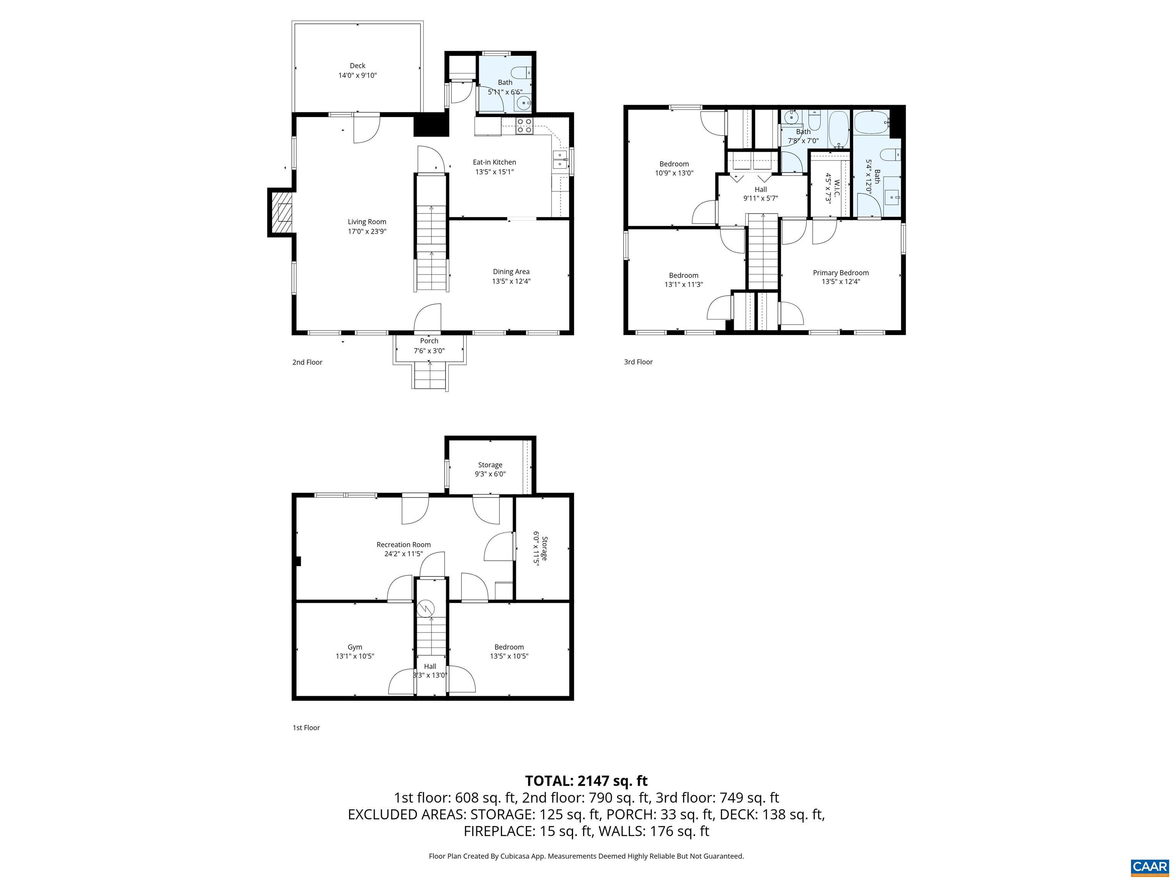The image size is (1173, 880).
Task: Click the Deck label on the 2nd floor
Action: [x=357, y=66]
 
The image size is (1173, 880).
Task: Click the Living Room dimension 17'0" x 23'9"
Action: [x=367, y=231]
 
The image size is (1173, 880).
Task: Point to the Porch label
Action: [x=429, y=341]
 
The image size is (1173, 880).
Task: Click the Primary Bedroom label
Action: [x=840, y=273]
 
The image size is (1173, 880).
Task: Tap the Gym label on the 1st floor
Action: [x=355, y=647]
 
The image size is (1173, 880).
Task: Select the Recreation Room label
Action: [x=404, y=544]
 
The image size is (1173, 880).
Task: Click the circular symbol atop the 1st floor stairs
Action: [x=425, y=608]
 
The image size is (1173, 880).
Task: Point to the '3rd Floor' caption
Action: [x=638, y=362]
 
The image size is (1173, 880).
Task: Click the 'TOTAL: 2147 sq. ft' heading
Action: [x=586, y=781]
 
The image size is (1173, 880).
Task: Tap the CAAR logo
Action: [x=1149, y=867]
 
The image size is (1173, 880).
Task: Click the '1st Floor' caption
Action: [x=306, y=727]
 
